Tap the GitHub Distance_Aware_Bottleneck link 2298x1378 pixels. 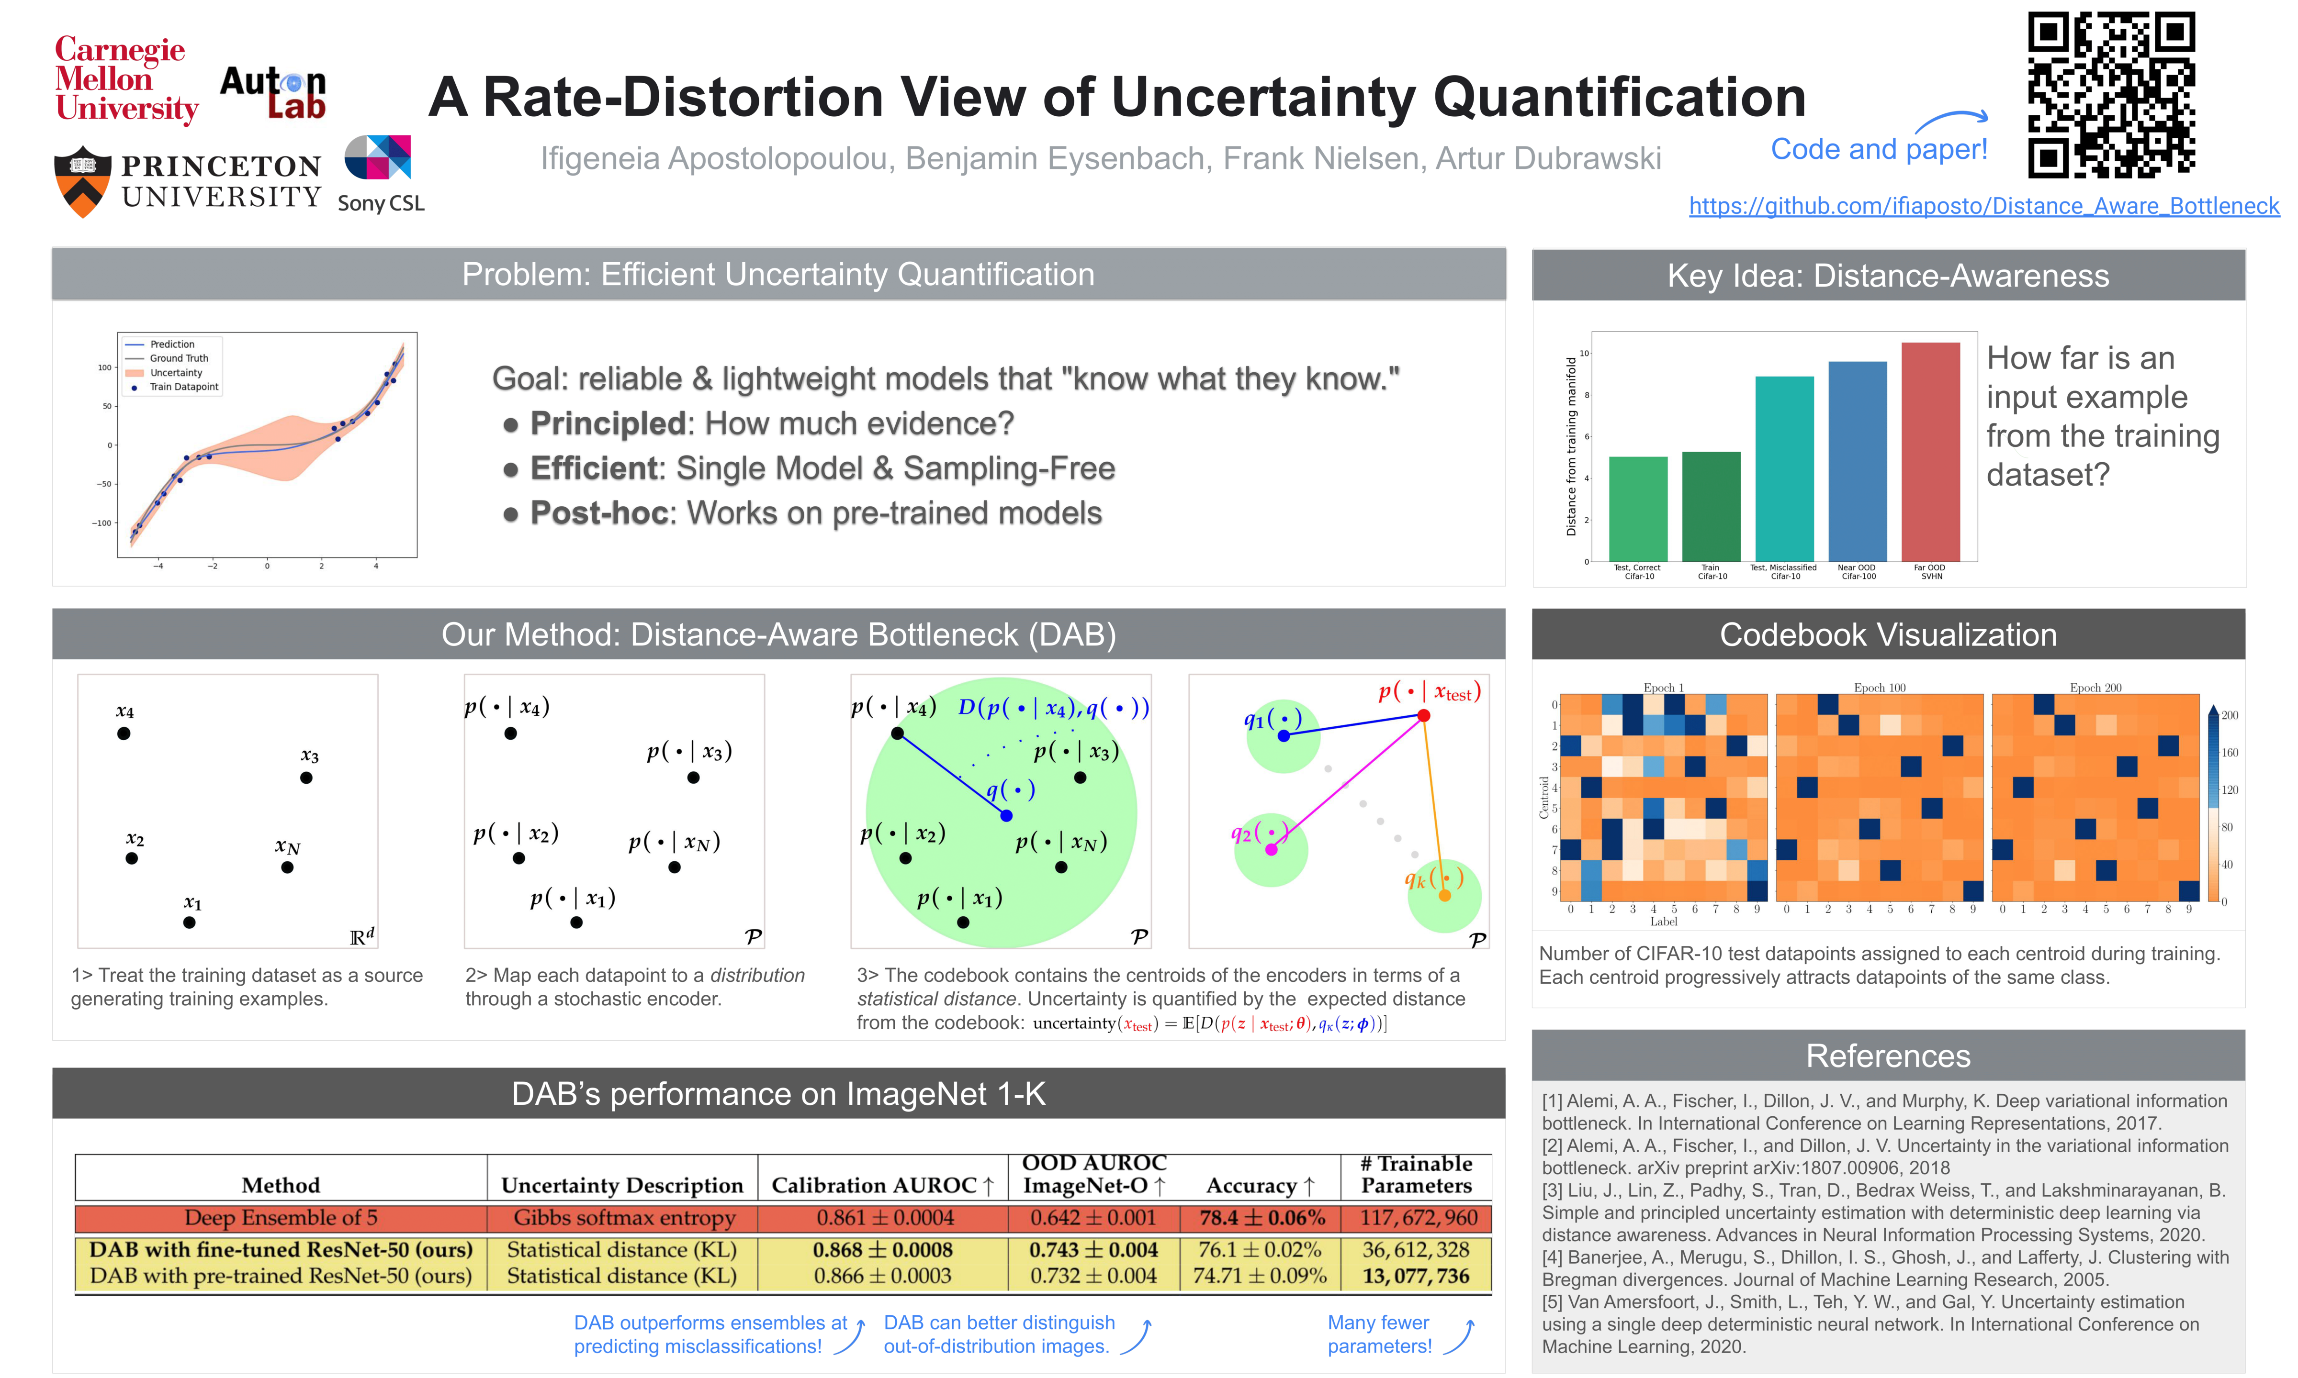1983,206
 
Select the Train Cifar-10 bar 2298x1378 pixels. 1711,506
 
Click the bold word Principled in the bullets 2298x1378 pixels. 608,423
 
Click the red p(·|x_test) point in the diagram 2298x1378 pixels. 1423,716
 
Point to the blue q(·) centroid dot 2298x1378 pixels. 1006,815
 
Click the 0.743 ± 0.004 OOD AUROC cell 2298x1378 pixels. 1093,1250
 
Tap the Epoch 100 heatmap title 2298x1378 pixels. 1879,688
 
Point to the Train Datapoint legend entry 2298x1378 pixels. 183,387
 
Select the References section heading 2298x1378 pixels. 1887,1056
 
